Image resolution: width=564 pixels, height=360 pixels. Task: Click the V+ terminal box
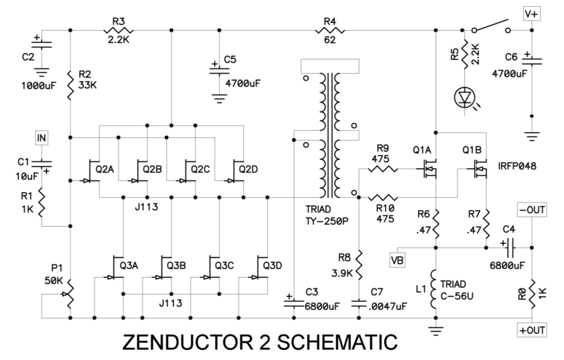(532, 14)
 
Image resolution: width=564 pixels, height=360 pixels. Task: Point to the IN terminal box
(41, 138)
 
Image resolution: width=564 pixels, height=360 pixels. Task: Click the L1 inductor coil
(436, 289)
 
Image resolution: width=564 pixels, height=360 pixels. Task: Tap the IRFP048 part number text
(517, 166)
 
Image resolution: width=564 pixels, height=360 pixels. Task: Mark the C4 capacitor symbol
(508, 247)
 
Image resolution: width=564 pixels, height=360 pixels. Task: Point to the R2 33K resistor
(70, 83)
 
